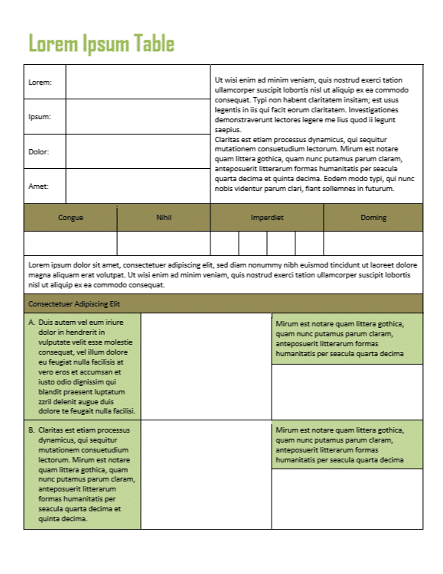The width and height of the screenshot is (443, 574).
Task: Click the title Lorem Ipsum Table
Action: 101,44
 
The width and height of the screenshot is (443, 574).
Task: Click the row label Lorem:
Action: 40,83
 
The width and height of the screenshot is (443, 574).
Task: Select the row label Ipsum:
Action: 40,117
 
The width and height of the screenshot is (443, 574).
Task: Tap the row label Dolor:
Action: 39,151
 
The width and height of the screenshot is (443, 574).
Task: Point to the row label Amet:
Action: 38,186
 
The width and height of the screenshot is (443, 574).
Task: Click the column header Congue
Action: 70,218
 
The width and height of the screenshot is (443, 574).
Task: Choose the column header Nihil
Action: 164,218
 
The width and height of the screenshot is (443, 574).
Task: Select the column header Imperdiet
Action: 267,218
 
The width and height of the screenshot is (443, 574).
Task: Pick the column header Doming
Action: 373,218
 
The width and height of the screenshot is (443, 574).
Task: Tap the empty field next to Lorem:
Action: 138,83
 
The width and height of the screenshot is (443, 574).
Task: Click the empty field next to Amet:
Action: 138,186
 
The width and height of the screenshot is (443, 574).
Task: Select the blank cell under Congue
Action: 70,242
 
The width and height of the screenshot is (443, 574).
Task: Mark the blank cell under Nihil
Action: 164,242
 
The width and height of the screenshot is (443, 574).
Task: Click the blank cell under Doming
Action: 373,242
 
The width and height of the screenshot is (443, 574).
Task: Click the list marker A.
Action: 31,323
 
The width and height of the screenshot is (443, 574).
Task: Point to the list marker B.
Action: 31,430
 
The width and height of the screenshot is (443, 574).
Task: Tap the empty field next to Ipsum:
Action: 138,117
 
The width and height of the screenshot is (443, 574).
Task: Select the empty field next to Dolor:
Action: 138,151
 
